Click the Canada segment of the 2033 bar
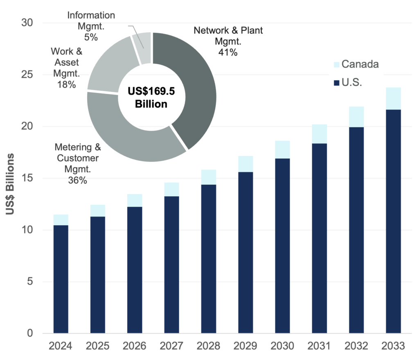click(x=393, y=98)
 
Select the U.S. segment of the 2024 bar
click(x=61, y=278)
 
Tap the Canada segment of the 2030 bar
click(x=282, y=149)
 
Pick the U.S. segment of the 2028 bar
click(x=209, y=258)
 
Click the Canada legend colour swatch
click(x=336, y=64)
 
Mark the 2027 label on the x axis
click(x=171, y=346)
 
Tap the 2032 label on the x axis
click(x=356, y=346)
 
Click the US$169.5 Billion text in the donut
click(x=151, y=97)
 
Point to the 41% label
click(x=228, y=52)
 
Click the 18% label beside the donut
click(x=67, y=85)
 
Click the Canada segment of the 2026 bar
click(x=135, y=200)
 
